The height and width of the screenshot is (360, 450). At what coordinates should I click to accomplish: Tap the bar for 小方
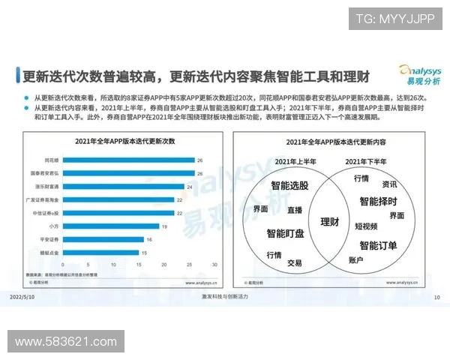[x=112, y=226]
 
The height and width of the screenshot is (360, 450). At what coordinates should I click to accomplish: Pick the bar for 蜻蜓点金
[x=102, y=252]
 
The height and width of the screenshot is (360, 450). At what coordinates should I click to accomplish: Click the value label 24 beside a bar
[x=190, y=186]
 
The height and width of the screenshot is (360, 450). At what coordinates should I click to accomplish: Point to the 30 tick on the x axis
[x=214, y=265]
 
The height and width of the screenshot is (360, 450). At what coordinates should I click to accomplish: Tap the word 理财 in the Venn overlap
[x=329, y=222]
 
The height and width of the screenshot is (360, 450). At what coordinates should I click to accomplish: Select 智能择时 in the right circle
[x=378, y=201]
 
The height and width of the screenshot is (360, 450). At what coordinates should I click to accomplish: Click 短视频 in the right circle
[x=366, y=226]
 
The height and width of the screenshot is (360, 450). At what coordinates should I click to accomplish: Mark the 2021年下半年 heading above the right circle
[x=365, y=161]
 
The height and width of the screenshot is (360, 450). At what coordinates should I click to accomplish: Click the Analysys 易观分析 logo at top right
[x=412, y=75]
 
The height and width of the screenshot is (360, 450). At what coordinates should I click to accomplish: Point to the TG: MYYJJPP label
[x=394, y=18]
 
